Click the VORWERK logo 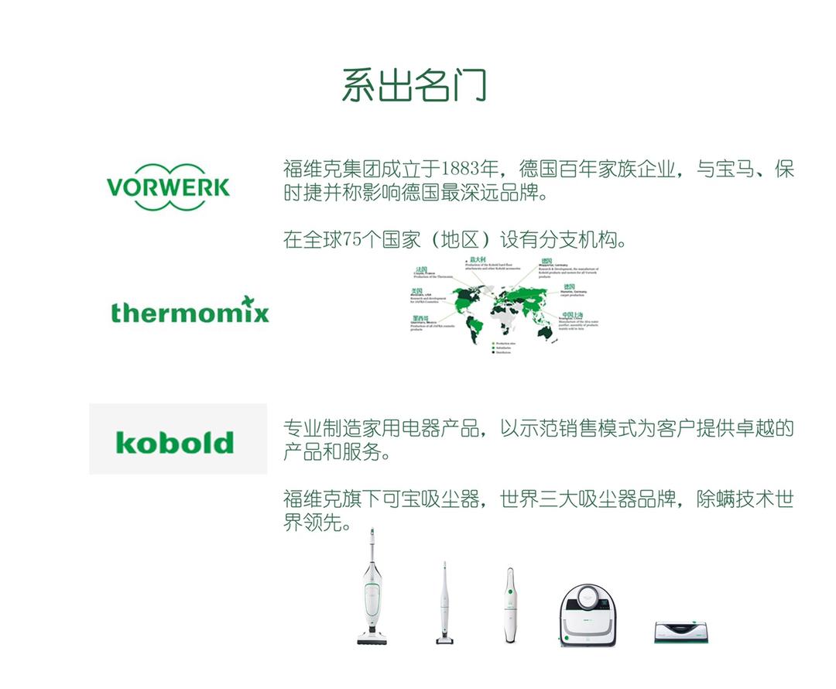point(168,187)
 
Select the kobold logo point(175,442)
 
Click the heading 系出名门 point(414,85)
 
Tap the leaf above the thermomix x point(247,300)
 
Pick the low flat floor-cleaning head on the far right point(682,631)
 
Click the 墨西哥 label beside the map point(420,317)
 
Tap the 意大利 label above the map point(478,259)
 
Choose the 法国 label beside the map point(421,269)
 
